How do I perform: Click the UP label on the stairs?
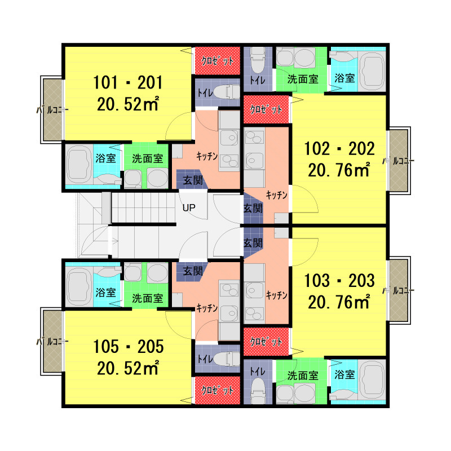pyautogui.click(x=189, y=207)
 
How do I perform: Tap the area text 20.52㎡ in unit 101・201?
pyautogui.click(x=128, y=104)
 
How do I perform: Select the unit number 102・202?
pyautogui.click(x=339, y=149)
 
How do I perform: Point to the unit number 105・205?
pyautogui.click(x=129, y=346)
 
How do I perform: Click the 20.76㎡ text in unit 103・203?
pyautogui.click(x=339, y=302)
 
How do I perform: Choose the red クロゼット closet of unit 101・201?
pyautogui.click(x=218, y=61)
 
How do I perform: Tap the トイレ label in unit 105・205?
pyautogui.click(x=205, y=359)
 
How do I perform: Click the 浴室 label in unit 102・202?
pyautogui.click(x=344, y=78)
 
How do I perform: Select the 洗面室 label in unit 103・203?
pyautogui.click(x=303, y=375)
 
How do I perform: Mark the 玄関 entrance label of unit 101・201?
pyautogui.click(x=193, y=180)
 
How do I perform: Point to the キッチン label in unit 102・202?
pyautogui.click(x=276, y=195)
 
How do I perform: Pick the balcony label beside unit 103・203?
pyautogui.click(x=399, y=291)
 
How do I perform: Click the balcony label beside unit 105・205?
pyautogui.click(x=52, y=342)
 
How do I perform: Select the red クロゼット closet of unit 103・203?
pyautogui.click(x=266, y=342)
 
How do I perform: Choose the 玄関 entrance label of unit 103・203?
pyautogui.click(x=253, y=243)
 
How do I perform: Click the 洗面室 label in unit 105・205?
pyautogui.click(x=148, y=298)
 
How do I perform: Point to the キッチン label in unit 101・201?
pyautogui.click(x=207, y=156)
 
